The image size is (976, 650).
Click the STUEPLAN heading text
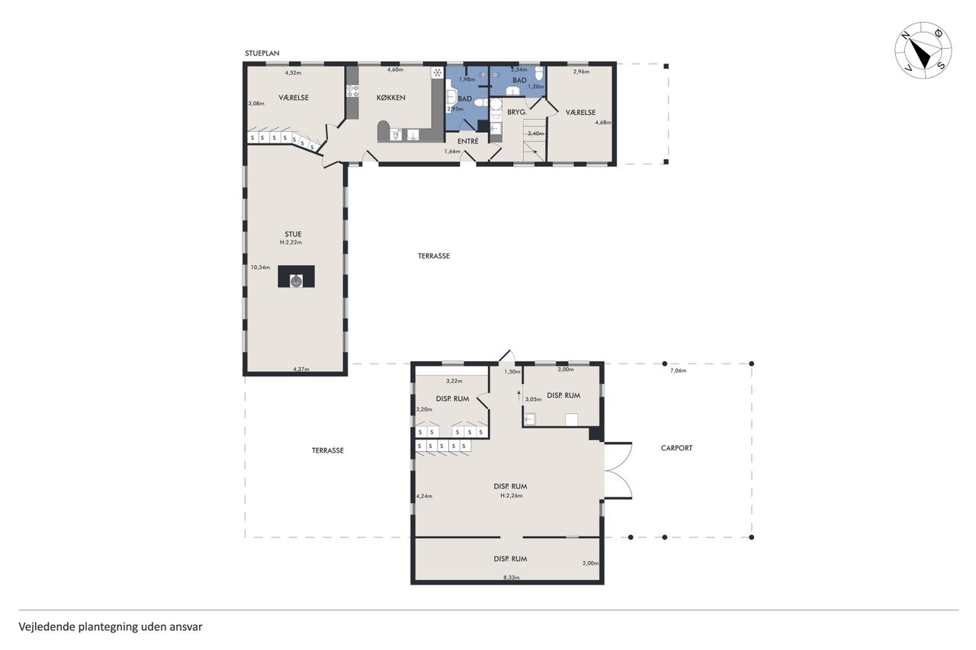point(262,53)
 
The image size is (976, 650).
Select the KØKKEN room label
point(391,98)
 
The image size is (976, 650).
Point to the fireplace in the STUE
point(297,276)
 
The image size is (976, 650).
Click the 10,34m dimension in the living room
point(260,267)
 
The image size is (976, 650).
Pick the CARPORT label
point(676,447)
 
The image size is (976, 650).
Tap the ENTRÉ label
point(468,141)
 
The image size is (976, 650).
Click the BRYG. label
point(517,112)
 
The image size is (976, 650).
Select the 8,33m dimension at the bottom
point(512,578)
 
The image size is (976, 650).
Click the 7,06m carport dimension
point(678,370)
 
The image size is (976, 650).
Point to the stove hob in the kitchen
point(352,91)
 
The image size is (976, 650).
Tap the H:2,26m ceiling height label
point(511,495)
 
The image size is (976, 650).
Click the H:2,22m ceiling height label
point(291,242)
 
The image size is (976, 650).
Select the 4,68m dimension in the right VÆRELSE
point(603,123)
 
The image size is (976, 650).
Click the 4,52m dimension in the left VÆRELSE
point(293,72)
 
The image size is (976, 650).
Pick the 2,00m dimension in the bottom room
point(590,563)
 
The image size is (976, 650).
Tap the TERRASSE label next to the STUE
point(434,256)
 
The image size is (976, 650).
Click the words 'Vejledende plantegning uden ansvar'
point(111,627)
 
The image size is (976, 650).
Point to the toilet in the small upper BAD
point(539,74)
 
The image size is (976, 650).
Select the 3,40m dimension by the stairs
point(536,133)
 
